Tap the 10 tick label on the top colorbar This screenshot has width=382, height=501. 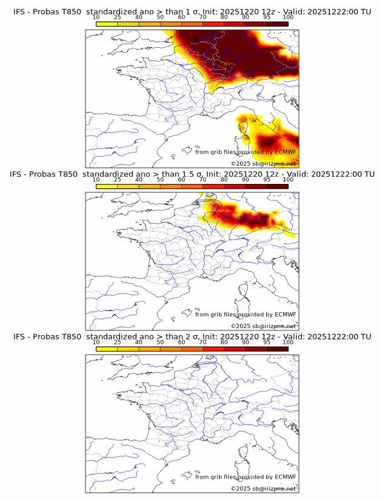(x=96, y=17)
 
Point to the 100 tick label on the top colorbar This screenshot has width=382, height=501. (x=287, y=17)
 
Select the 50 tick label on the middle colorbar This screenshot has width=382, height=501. (x=160, y=180)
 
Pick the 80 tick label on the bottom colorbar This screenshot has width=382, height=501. (x=224, y=342)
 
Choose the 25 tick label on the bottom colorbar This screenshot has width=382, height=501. (x=117, y=342)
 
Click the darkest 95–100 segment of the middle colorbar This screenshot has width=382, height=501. (x=277, y=186)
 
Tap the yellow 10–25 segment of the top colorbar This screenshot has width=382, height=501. (x=107, y=24)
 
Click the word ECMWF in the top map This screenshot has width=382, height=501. (x=285, y=152)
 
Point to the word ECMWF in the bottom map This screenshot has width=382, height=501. (x=285, y=477)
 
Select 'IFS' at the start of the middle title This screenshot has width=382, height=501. (x=20, y=174)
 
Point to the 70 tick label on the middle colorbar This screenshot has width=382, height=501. (x=203, y=180)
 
